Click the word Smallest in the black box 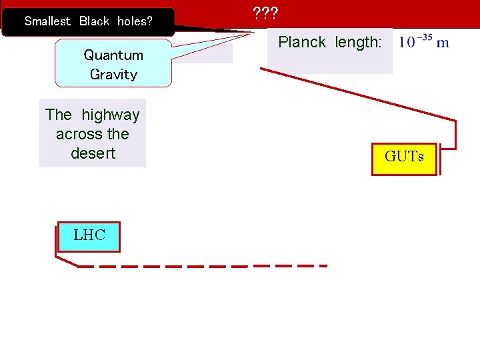point(47,21)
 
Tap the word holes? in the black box point(135,21)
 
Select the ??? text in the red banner point(265,13)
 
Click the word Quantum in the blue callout point(113,55)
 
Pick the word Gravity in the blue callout point(113,74)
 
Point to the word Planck point(302,43)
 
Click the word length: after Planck point(359,43)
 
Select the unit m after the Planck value point(443,43)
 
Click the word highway point(111,115)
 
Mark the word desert point(93,153)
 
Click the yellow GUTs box point(404,158)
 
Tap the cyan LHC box point(89,236)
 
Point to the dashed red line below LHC point(200,266)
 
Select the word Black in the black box point(94,21)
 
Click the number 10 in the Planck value point(407,43)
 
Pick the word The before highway point(59,115)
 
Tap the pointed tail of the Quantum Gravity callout point(220,37)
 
